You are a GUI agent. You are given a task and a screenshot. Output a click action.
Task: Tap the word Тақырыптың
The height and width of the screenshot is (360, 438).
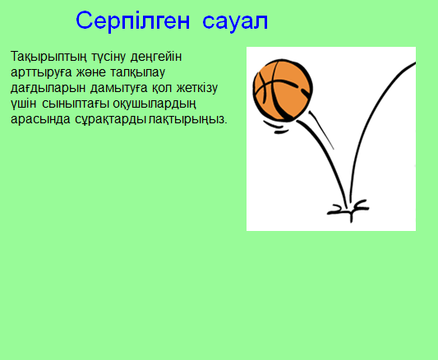[44, 57]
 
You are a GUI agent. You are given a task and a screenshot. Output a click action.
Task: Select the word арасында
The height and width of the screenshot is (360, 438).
[38, 119]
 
